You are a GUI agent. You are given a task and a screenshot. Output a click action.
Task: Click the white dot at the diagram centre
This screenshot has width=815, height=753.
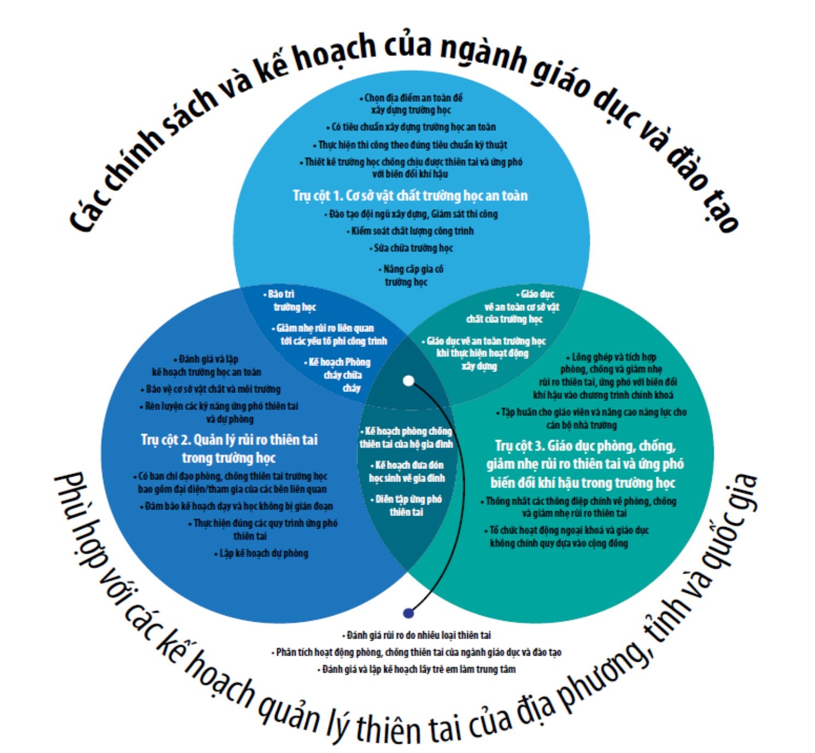point(408,381)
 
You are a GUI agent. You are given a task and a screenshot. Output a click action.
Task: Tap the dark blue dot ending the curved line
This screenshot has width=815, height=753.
point(408,613)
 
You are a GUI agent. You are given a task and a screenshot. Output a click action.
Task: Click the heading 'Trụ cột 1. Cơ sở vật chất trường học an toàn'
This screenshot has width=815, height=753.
point(410,196)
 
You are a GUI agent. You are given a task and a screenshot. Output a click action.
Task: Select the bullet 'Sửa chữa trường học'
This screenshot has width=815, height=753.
point(412,248)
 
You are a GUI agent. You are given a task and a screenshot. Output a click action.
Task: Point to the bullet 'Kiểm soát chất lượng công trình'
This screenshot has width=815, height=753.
point(411,231)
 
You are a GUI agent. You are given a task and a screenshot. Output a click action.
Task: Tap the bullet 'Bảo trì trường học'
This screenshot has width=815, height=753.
point(291,300)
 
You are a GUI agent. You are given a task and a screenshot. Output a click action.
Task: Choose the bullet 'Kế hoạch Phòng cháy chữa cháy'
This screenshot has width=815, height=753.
point(340,375)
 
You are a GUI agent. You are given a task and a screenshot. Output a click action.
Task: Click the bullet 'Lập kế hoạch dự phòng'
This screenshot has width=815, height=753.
point(262,553)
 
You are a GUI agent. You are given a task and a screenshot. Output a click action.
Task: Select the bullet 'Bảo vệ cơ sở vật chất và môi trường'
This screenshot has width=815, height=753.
point(212,389)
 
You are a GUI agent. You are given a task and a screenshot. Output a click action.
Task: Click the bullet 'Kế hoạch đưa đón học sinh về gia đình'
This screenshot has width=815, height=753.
point(407,472)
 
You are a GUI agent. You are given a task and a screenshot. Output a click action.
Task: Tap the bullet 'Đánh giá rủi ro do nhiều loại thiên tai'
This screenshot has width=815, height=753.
point(418,635)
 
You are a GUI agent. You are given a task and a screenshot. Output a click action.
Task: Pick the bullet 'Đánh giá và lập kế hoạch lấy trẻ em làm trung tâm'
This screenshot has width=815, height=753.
point(418,669)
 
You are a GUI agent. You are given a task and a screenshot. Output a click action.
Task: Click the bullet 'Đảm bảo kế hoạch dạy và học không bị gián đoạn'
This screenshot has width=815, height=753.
point(237,506)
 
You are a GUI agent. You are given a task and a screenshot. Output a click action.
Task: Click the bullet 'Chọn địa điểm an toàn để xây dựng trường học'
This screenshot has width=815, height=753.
point(412,104)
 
